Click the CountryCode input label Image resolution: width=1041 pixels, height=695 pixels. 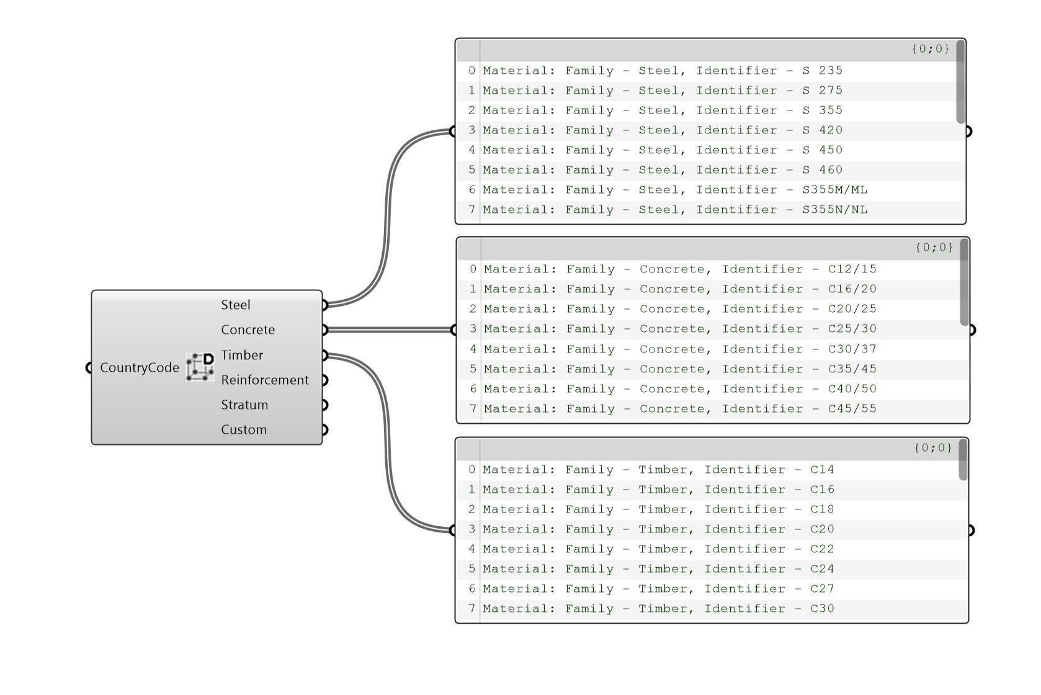pos(140,367)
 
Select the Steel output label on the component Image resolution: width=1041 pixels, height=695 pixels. pos(236,305)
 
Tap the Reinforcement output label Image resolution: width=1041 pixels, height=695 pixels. pos(265,380)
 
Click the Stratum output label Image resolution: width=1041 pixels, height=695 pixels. pos(244,405)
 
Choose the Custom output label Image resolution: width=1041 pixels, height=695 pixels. pos(244,429)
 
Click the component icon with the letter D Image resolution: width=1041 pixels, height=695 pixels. pos(200,367)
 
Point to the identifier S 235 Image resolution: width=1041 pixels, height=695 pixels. pos(822,71)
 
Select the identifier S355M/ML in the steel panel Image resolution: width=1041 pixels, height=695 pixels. pos(834,190)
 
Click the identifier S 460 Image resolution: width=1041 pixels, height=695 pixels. pos(822,170)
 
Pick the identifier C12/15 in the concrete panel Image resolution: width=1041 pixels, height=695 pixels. pos(852,269)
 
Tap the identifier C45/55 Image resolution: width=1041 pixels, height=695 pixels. pos(852,409)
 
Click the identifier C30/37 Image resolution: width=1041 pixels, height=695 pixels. pos(852,349)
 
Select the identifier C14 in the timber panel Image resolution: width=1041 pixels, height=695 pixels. pos(822,470)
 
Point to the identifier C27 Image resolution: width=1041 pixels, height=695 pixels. pos(822,589)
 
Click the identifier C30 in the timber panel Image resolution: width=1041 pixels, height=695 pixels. pos(822,609)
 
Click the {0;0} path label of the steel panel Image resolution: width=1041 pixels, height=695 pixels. pos(931,48)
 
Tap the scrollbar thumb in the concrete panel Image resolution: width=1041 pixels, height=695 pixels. pos(964,282)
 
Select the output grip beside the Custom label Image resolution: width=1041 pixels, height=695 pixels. pos(324,429)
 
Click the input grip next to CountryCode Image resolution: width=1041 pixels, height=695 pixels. pos(89,367)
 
